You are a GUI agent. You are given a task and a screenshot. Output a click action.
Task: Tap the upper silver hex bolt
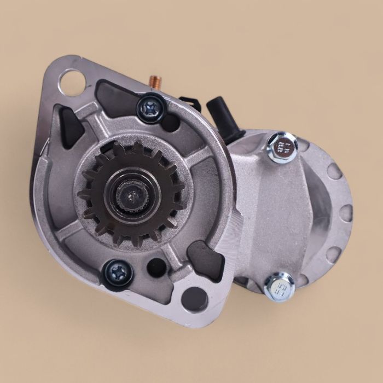(282, 147)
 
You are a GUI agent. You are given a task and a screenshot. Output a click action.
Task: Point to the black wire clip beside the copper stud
(189, 103)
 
